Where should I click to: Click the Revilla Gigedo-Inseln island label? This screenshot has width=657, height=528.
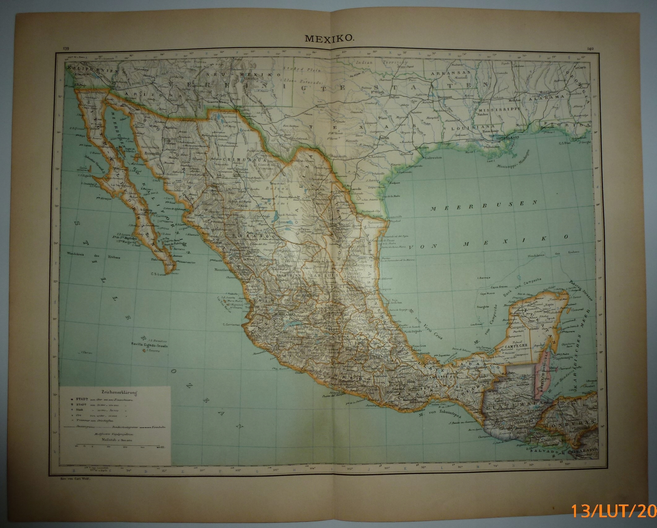click(149, 346)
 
